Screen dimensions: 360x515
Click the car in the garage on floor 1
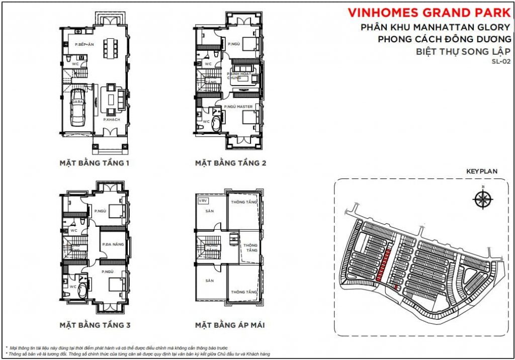[x=78, y=108]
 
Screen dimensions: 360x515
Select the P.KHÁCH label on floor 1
[x=111, y=120]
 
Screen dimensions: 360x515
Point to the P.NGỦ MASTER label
[x=238, y=107]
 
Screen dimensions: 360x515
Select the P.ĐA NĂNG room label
[x=113, y=244]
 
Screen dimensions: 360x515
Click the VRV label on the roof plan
[x=203, y=200]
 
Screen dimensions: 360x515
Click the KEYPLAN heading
[x=481, y=171]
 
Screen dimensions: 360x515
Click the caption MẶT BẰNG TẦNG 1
[x=95, y=163]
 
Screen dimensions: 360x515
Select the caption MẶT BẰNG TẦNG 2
[x=230, y=163]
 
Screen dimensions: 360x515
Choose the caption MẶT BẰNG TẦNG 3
[x=95, y=325]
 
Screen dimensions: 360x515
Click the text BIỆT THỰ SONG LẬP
[x=464, y=51]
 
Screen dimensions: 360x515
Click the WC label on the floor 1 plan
[x=74, y=64]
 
